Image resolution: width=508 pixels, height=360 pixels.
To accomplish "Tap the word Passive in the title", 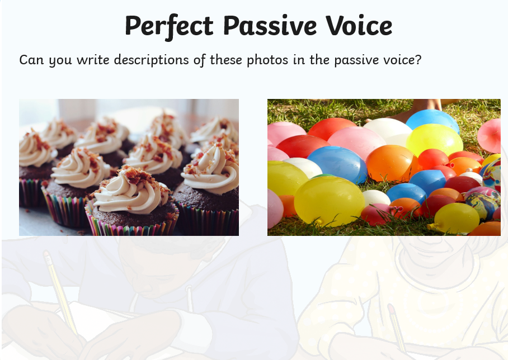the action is (270, 25).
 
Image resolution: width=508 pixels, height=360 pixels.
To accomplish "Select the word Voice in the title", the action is (359, 25).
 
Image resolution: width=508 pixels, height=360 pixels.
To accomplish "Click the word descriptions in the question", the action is (151, 60).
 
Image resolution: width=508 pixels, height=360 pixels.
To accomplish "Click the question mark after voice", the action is (418, 59).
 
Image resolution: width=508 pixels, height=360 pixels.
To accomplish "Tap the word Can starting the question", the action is (31, 60).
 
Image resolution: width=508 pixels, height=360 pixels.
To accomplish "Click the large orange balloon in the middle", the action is (392, 163).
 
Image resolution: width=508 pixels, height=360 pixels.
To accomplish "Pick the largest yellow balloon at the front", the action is (329, 201).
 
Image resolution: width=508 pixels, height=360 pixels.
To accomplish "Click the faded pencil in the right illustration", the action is (396, 327).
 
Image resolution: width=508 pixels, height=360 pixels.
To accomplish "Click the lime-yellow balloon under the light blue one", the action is (434, 140).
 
